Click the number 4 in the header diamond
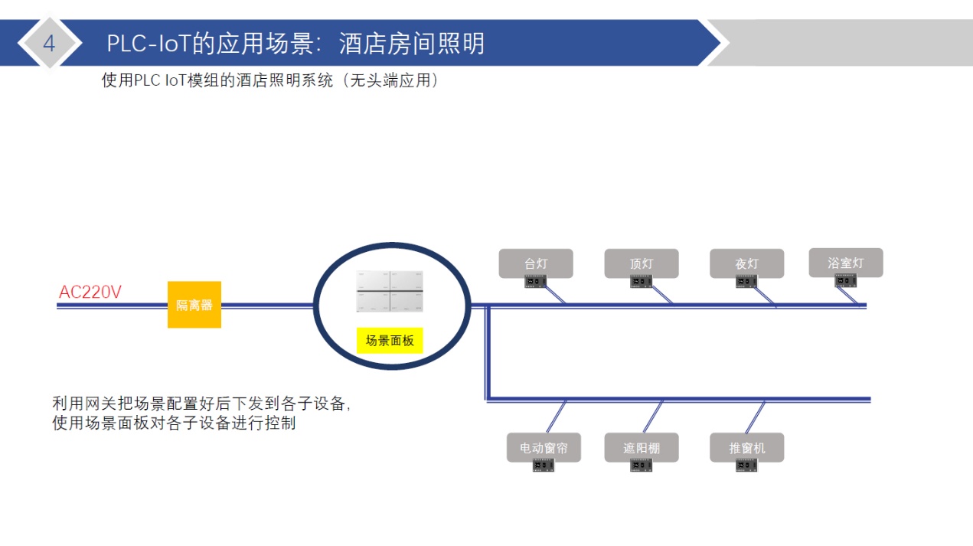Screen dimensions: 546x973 49,44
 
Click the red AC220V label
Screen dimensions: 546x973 90,292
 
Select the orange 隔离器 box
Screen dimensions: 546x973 194,305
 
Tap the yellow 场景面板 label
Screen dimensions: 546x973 390,341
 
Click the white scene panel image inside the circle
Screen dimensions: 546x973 390,291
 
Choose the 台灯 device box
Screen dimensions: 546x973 536,263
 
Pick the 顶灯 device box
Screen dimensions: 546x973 642,263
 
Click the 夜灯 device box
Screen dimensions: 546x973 746,263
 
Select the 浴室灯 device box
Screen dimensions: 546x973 846,262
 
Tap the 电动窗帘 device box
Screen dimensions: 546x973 544,447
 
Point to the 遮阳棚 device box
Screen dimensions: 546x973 642,447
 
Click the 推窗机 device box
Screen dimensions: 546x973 746,447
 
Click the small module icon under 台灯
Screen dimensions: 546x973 536,282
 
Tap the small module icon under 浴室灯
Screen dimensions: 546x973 846,281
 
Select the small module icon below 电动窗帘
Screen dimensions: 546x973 544,466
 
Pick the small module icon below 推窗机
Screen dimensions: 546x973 746,466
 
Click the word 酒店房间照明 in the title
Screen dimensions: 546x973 412,44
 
